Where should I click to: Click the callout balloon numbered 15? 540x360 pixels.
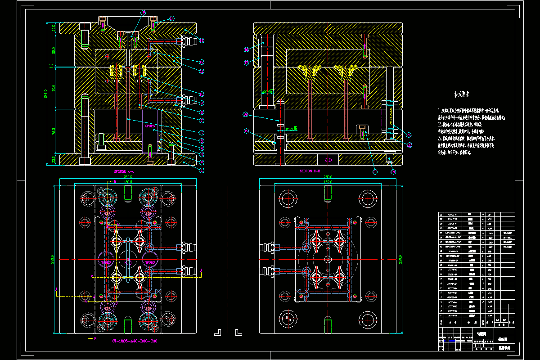[143, 12]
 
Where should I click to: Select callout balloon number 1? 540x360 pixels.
[202, 171]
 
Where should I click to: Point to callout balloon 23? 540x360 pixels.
[409, 134]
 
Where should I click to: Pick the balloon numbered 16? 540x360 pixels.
[246, 49]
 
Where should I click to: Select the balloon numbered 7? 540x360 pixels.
[202, 121]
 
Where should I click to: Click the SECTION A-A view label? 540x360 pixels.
[124, 172]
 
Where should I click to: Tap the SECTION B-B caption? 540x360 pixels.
[310, 171]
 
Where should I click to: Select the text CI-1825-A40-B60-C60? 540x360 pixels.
[135, 341]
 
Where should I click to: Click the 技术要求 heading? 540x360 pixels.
[461, 95]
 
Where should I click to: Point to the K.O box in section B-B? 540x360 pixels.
[328, 160]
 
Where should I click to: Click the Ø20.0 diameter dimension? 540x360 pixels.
[268, 92]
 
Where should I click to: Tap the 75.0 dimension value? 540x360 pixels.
[53, 132]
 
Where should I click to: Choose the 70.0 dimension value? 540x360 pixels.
[53, 88]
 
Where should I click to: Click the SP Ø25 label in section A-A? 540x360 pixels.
[150, 126]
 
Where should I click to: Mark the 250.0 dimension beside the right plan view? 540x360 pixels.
[400, 260]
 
